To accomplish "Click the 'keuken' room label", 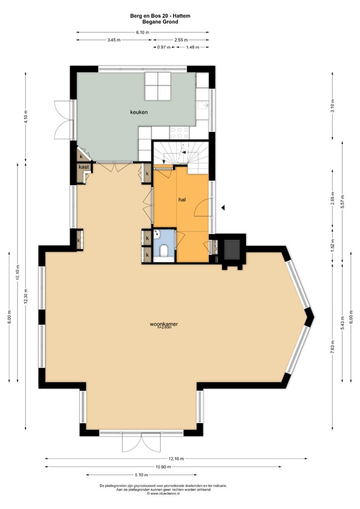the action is point(139,112).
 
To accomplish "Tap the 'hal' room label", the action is point(182,200).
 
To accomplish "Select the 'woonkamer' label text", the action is point(164,324).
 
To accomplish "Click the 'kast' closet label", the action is point(84,167).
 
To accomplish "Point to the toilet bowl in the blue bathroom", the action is point(164,251).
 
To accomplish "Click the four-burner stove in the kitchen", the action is point(180,132).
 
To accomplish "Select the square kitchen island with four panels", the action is point(158,86).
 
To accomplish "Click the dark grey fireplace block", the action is point(232,249).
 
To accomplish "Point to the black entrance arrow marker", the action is point(223,208).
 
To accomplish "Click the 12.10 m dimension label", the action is point(176,459).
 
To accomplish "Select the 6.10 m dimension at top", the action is point(142,32).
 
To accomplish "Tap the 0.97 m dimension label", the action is point(164,47).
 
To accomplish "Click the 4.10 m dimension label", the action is point(26,117).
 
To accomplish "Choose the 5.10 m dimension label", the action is point(141,475).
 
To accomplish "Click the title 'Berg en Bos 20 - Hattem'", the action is point(160,16).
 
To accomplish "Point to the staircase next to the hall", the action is point(180,157).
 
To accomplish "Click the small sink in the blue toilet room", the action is point(157,233).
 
